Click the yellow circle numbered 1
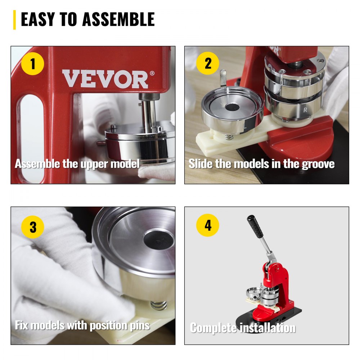click(33, 64)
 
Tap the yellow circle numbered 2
click(208, 64)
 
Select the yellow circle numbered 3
click(33, 227)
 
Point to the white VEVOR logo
click(105, 79)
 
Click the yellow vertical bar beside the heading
click(14, 20)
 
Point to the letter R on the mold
click(305, 110)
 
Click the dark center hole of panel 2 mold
click(232, 107)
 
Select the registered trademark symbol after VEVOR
click(152, 73)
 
